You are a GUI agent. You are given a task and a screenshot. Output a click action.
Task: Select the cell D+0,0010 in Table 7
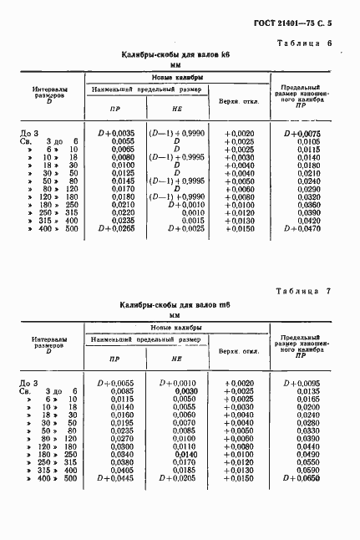(x=179, y=383)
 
